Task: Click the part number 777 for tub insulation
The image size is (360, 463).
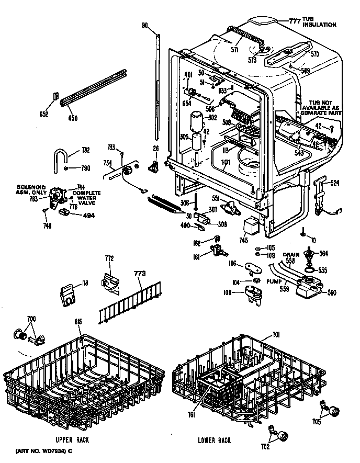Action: tap(296, 21)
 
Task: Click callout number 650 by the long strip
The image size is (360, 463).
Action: tap(73, 118)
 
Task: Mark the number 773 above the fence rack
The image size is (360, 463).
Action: tap(139, 273)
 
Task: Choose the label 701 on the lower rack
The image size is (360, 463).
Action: tap(277, 334)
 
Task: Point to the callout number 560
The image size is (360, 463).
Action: tap(331, 293)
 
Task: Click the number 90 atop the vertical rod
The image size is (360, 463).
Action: tap(145, 25)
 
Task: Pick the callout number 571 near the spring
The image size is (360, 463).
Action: tap(234, 50)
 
